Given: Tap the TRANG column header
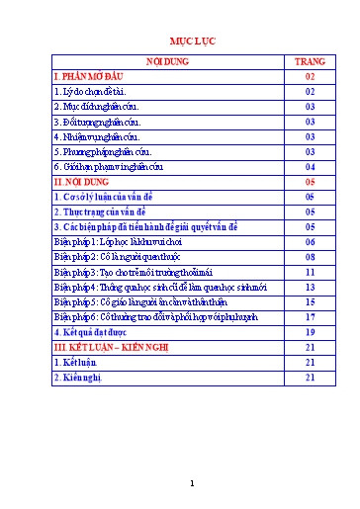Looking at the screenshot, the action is coord(309,61).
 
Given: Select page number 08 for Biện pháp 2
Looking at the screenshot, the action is coord(310,256).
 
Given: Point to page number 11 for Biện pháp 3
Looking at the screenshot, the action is coord(310,272).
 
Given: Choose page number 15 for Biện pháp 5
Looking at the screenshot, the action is coord(310,301).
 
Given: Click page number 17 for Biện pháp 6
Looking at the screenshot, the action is coord(310,317).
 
